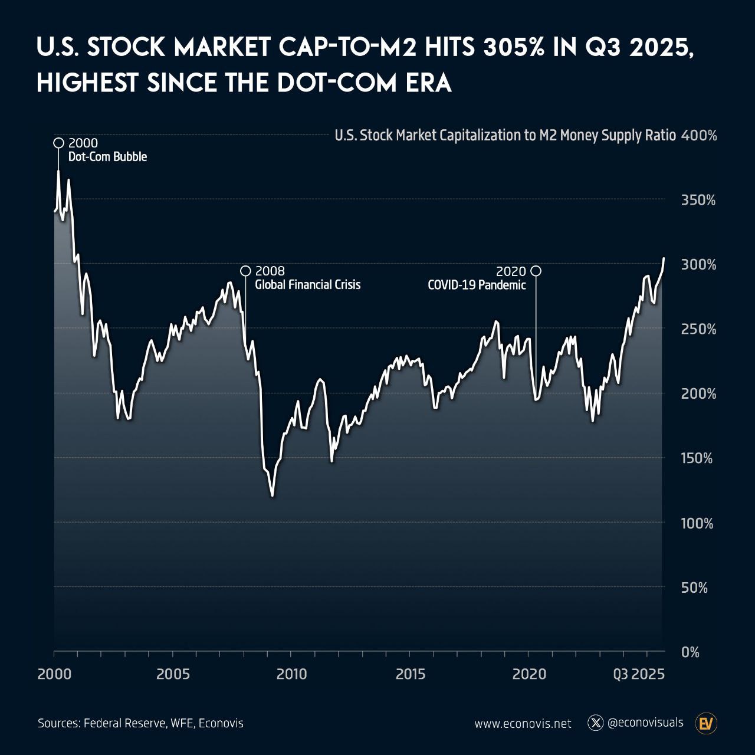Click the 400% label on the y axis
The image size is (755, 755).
click(x=699, y=136)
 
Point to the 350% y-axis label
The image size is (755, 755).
click(x=698, y=200)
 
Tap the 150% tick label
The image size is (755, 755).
click(x=697, y=458)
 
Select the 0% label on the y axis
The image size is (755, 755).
click(x=690, y=652)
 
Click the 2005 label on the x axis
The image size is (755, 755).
click(x=173, y=674)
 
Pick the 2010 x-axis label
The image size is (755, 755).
click(x=291, y=674)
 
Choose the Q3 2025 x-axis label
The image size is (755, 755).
click(x=639, y=674)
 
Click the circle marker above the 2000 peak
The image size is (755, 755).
click(x=59, y=143)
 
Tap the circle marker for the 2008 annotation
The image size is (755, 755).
click(x=245, y=271)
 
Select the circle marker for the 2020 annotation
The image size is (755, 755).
click(x=536, y=271)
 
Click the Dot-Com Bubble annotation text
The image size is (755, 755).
click(x=108, y=157)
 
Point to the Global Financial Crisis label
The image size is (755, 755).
click(x=307, y=284)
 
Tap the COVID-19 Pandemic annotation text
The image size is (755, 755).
click(x=477, y=285)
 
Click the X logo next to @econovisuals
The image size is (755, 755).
click(x=596, y=723)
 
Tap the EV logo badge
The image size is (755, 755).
click(x=706, y=723)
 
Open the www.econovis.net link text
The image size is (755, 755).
click(x=523, y=723)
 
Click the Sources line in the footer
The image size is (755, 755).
click(x=140, y=723)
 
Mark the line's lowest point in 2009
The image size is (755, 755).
click(x=273, y=496)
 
